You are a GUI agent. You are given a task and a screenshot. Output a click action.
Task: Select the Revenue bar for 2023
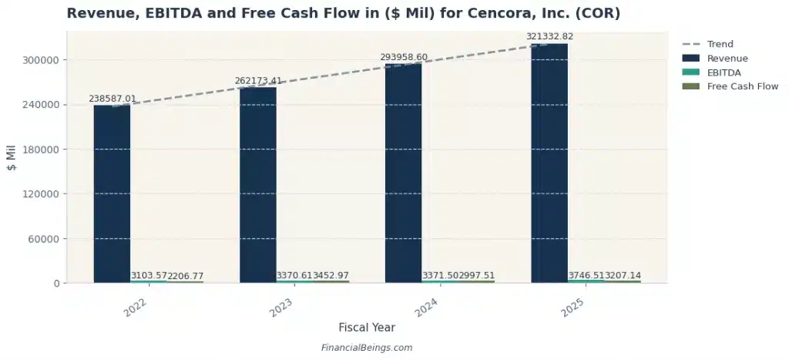point(257,185)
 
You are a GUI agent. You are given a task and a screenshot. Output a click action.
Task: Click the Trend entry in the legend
point(720,44)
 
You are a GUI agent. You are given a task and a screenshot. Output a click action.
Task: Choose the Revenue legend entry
point(727,58)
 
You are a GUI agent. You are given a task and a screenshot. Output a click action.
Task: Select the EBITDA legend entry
point(724,72)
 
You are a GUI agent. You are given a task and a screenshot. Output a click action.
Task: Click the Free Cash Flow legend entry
point(742,86)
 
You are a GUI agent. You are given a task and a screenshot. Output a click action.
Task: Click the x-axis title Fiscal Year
point(367,328)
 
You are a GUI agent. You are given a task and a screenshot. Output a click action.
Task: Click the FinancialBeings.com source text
point(367,348)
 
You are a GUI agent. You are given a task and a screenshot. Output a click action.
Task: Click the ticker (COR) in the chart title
point(597,14)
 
